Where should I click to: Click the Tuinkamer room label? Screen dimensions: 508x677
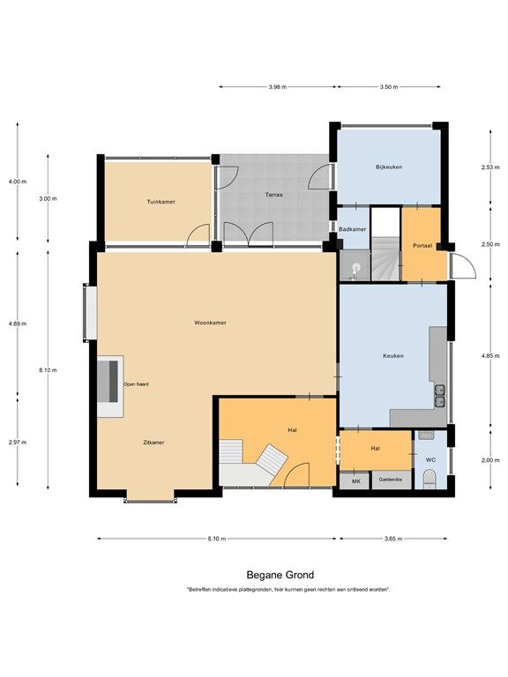161,202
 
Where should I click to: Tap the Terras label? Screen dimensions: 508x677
274,195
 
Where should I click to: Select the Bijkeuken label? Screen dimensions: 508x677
389,167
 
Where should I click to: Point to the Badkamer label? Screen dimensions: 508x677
352,229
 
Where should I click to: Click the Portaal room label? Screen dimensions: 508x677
422,246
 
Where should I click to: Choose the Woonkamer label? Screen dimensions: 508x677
210,323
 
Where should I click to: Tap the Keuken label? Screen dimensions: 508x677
393,356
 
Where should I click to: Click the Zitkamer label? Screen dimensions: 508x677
153,443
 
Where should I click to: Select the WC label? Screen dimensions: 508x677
430,460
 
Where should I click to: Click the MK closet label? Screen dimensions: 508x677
356,481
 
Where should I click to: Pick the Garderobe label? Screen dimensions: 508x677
390,480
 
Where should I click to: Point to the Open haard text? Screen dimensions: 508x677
136,383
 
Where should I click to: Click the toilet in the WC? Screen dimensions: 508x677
430,480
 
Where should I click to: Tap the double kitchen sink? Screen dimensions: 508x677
440,397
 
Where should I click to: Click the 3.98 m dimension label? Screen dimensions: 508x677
277,86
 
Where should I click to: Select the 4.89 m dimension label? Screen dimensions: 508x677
18,324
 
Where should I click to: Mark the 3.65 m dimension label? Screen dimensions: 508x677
393,539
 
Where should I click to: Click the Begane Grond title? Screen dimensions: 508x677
280,575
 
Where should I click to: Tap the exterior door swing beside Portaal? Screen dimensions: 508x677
463,266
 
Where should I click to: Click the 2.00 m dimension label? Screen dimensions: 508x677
490,460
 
